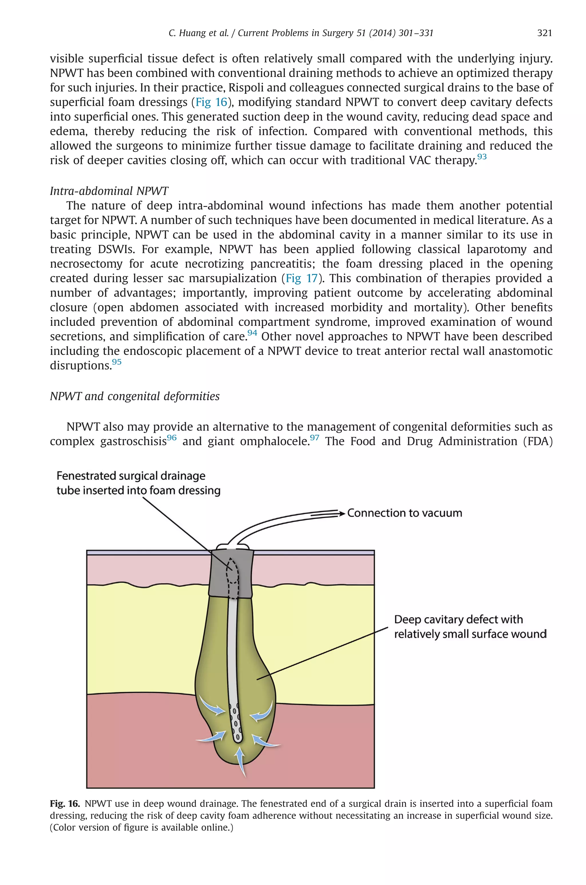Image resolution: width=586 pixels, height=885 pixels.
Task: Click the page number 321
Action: [x=544, y=33]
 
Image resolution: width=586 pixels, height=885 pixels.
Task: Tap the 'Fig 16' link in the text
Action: [x=211, y=102]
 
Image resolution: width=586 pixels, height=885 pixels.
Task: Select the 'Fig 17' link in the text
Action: [x=302, y=278]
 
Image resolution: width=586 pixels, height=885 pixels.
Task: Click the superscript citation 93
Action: [x=482, y=156]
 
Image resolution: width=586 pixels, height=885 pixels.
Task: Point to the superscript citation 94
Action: [x=252, y=332]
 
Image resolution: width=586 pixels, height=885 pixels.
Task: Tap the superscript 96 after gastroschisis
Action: [x=172, y=437]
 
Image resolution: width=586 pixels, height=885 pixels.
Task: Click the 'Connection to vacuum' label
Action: [x=404, y=513]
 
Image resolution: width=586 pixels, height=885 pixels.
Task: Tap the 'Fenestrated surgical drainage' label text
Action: [x=131, y=476]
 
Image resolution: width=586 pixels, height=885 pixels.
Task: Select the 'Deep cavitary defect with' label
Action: [x=458, y=619]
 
